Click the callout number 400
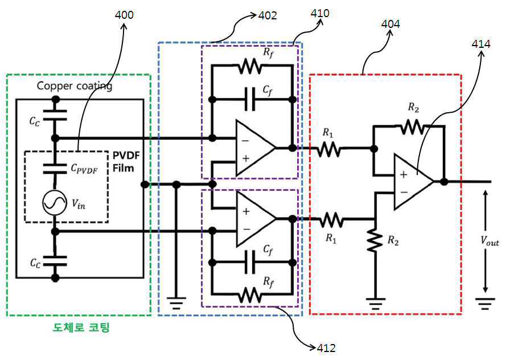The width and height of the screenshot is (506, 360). [x=124, y=15]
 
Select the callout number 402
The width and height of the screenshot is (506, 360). [x=267, y=16]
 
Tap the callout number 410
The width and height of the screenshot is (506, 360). [x=319, y=13]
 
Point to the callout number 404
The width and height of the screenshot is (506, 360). [x=390, y=24]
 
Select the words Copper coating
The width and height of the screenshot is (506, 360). [x=75, y=87]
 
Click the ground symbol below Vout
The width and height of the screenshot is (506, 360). [x=486, y=304]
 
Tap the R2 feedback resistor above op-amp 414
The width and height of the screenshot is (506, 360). [x=407, y=127]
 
